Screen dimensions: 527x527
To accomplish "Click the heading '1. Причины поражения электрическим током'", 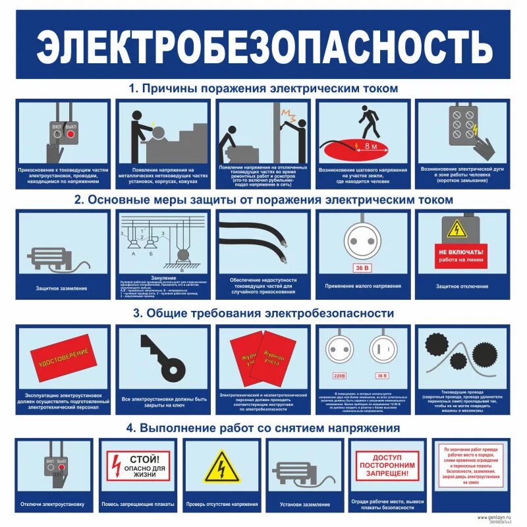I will [263, 88].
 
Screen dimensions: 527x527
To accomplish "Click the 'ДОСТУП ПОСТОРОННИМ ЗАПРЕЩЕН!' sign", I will [387, 466].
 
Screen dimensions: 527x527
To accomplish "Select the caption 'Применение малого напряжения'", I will [362, 287].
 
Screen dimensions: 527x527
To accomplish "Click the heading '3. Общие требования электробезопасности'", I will [263, 313].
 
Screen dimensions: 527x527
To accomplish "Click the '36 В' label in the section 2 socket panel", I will [362, 268].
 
